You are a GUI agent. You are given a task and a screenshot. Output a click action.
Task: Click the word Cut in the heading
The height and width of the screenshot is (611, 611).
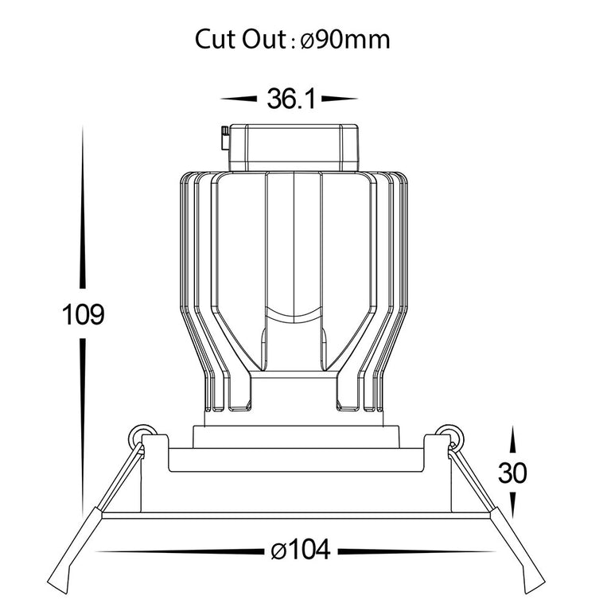coord(215,39)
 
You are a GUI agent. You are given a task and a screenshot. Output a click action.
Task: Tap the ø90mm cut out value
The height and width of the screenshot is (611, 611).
coord(345,39)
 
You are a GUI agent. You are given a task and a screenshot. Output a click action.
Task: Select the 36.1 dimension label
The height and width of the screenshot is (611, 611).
coord(291,99)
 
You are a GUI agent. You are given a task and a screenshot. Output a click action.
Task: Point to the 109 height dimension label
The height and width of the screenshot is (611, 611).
coord(83,314)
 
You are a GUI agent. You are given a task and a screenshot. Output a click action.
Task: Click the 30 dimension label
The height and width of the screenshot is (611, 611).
coord(512,473)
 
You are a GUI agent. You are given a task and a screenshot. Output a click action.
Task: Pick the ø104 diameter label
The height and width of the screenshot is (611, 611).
coord(301,551)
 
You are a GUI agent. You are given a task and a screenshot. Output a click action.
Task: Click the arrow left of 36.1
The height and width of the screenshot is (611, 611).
coord(239,99)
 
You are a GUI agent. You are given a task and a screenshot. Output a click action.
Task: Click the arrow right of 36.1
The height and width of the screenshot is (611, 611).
coord(340,99)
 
